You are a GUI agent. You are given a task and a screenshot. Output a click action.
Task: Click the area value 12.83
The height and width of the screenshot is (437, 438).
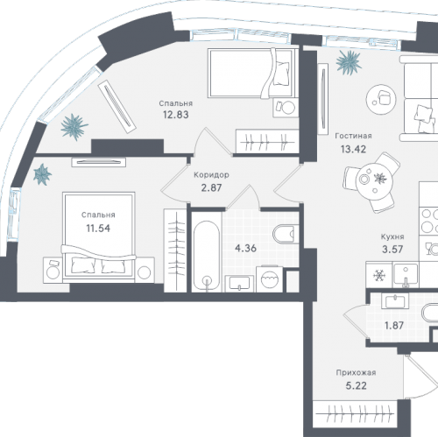tap(175, 115)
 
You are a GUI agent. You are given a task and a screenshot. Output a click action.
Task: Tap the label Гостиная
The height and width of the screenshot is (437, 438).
tap(353, 136)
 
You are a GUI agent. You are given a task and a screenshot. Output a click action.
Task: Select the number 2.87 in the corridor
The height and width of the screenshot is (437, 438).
tap(211, 187)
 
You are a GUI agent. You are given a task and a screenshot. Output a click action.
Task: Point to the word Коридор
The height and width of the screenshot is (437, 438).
tap(211, 175)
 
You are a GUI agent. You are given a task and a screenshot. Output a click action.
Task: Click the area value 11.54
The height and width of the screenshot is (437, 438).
tap(98, 229)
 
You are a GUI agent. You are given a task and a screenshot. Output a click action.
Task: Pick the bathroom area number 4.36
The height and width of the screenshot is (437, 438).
tap(245, 249)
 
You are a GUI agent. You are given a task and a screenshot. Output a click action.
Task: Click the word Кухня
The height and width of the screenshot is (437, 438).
tap(392, 236)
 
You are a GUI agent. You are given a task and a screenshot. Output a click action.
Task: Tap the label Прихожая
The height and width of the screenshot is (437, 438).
tap(356, 372)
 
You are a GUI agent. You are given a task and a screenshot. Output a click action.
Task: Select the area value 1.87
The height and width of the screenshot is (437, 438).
tap(394, 325)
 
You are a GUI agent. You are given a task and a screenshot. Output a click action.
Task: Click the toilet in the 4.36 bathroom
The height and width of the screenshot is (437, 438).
tap(286, 234)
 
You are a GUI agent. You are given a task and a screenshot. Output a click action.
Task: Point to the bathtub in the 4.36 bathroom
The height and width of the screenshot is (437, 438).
tap(207, 256)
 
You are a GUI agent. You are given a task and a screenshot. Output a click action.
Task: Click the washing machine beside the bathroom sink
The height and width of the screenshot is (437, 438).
tap(270, 278)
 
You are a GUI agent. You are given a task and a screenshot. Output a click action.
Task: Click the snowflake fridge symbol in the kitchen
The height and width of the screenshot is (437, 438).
tap(379, 275)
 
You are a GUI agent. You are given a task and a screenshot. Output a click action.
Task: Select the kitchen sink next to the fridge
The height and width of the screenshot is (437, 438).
tap(406, 275)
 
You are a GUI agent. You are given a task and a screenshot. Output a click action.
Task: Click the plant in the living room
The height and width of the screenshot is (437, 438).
tap(349, 63)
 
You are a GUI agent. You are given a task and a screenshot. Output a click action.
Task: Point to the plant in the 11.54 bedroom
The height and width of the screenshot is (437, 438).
tap(42, 174)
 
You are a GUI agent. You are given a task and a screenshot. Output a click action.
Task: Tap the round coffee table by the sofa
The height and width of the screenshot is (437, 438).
tap(381, 99)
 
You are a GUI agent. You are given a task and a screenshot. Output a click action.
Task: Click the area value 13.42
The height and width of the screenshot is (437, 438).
tap(353, 149)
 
